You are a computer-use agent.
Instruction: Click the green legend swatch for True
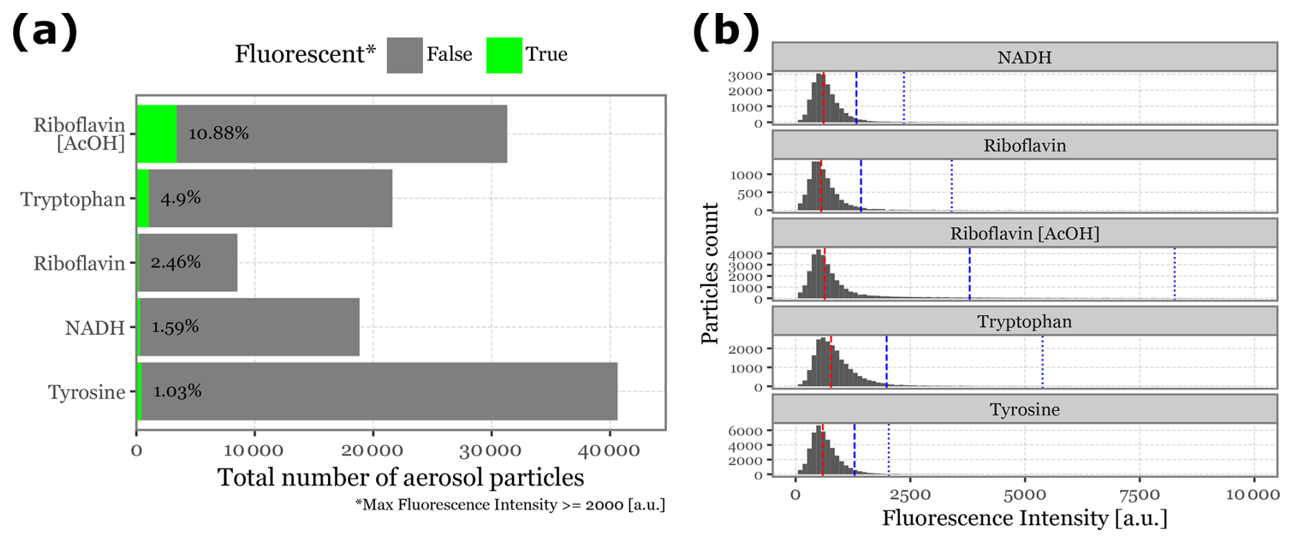[504, 55]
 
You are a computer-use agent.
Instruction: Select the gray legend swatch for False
[404, 55]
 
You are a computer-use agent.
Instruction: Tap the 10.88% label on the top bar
[218, 133]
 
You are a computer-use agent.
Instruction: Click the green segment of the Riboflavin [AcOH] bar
[157, 133]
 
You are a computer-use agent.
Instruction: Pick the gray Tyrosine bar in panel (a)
[379, 391]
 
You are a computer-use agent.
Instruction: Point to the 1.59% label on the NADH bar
[175, 327]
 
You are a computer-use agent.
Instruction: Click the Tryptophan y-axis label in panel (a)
[72, 199]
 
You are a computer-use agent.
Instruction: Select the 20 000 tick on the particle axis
[372, 451]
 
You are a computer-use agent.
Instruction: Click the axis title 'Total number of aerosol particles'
[400, 477]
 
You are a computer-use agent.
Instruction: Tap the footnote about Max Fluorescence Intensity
[510, 505]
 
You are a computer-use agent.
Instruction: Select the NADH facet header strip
[1024, 57]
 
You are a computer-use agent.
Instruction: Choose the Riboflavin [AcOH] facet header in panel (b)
[1024, 233]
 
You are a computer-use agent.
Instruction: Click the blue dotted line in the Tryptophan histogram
[1042, 362]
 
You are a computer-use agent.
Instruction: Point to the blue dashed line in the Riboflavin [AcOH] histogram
[969, 274]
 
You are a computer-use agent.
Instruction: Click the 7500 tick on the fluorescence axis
[1139, 494]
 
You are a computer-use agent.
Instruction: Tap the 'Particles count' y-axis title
[710, 273]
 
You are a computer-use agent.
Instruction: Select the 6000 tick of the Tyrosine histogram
[745, 431]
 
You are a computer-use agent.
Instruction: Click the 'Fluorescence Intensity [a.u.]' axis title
[1024, 518]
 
